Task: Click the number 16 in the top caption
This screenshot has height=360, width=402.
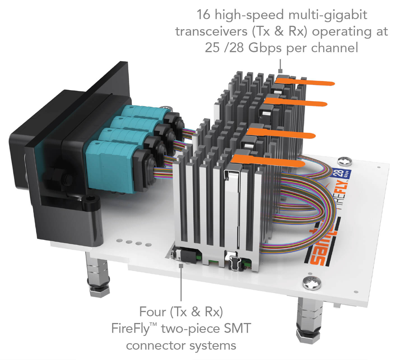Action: [x=203, y=15]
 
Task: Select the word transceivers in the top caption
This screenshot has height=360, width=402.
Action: [x=211, y=31]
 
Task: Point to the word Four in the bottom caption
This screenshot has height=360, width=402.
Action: [x=152, y=311]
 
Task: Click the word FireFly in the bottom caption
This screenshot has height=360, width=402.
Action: [x=131, y=328]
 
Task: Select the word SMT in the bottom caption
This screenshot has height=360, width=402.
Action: [x=237, y=328]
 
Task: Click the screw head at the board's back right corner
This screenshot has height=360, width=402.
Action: [x=344, y=161]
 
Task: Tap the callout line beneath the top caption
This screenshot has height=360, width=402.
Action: [x=280, y=66]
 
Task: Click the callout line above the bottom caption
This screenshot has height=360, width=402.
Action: [x=181, y=283]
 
